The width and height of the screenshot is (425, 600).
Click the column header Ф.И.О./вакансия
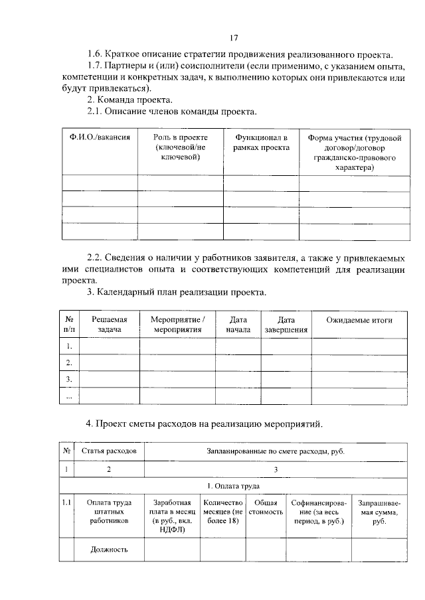coord(100,137)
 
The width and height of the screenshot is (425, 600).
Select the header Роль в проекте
coord(181,147)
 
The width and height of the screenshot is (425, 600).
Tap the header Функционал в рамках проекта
coord(261,142)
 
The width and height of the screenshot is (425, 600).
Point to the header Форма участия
coord(355,152)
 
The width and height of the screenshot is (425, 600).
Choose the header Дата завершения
coord(286,325)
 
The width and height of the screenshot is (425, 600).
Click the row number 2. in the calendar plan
coord(69,362)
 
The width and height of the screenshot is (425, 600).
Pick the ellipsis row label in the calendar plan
coord(69,396)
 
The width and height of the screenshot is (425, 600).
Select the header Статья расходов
coord(109,451)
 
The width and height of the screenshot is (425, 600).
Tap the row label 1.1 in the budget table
coord(66,503)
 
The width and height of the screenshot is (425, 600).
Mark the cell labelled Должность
coord(109,549)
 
